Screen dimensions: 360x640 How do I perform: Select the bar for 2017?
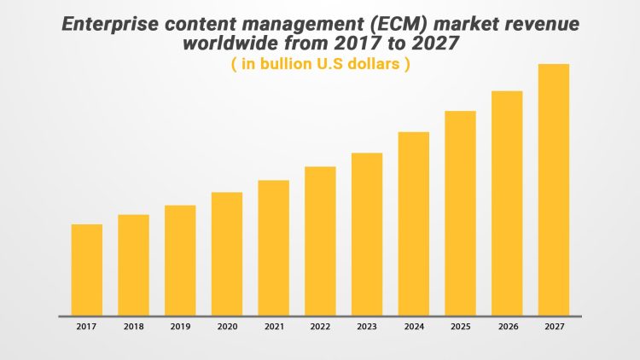point(87,270)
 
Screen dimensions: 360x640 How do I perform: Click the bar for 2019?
point(180,260)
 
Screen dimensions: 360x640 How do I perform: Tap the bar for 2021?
point(273,247)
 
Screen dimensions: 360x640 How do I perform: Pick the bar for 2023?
point(367,234)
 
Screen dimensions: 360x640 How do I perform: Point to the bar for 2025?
point(460,213)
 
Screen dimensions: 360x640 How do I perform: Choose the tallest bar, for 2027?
point(553,189)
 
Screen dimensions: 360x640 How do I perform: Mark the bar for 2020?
point(227,253)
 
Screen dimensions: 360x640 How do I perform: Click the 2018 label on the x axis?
point(133,327)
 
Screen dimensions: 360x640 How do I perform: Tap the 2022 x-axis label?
point(320,327)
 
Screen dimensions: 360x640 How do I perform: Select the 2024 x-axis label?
point(413,327)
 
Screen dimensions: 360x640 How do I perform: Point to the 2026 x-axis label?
point(507,327)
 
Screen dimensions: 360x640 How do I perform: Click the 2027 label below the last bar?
point(553,327)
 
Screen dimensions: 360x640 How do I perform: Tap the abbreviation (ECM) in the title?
point(379,25)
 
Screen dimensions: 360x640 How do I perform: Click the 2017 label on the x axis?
point(86,327)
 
